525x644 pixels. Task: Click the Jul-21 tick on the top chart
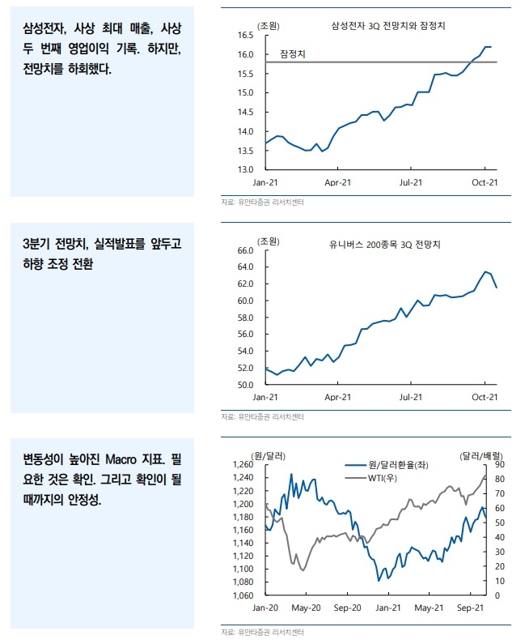click(x=411, y=182)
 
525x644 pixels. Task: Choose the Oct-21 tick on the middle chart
click(x=484, y=397)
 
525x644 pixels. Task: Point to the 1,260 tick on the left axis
click(x=240, y=464)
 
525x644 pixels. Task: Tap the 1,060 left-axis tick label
click(x=240, y=595)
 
